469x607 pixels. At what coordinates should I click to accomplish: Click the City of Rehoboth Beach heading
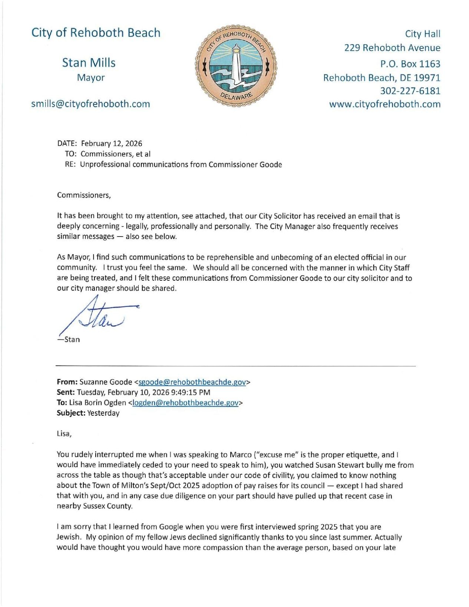[96, 33]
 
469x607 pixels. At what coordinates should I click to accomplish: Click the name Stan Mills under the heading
[89, 63]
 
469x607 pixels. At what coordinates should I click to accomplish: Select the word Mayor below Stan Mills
[90, 78]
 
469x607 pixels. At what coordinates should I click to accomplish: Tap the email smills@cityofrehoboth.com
[90, 104]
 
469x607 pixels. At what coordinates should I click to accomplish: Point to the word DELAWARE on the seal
[236, 96]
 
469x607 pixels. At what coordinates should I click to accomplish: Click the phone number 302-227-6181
[410, 91]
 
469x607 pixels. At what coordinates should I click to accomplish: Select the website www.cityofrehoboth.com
[385, 104]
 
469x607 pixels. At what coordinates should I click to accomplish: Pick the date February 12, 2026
[111, 143]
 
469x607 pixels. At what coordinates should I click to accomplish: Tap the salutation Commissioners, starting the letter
[84, 195]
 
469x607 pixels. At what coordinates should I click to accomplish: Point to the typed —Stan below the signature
[69, 339]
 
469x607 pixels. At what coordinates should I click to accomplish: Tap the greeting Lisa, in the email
[64, 433]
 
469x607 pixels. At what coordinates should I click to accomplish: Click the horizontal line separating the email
[235, 366]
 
